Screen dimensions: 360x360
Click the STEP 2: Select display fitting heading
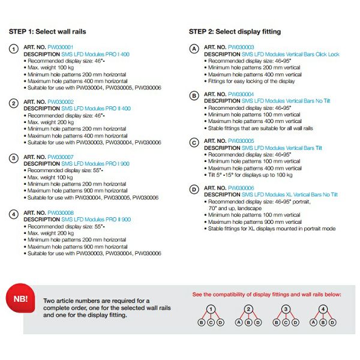(235, 31)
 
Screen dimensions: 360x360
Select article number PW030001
(60, 47)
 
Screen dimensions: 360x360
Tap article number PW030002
(60, 101)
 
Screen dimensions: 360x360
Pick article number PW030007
(60, 157)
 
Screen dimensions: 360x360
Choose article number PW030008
(60, 212)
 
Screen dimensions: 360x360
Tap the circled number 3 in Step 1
(13, 158)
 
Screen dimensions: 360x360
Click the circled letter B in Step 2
(194, 96)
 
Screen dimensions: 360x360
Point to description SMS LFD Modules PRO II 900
(96, 220)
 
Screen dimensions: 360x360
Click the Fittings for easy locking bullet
(253, 81)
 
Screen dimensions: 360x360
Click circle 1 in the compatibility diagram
(211, 310)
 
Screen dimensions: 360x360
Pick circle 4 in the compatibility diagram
(324, 310)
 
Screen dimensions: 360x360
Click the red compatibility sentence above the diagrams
(266, 295)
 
